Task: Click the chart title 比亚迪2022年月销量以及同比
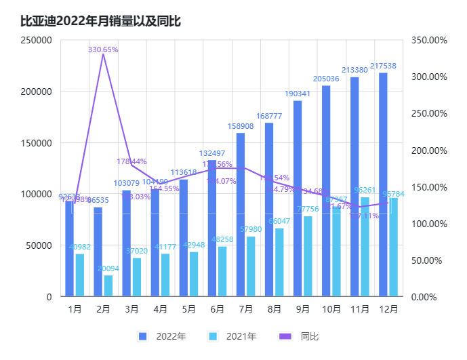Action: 101,21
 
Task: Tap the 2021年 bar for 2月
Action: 108,285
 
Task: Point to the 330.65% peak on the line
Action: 103,54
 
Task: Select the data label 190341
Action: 298,94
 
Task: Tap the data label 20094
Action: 108,269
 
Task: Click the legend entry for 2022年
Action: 162,336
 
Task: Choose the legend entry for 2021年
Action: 232,336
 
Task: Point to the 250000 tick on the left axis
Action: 37,40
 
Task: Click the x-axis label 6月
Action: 217,308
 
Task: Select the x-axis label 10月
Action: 331,308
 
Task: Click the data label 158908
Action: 241,126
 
